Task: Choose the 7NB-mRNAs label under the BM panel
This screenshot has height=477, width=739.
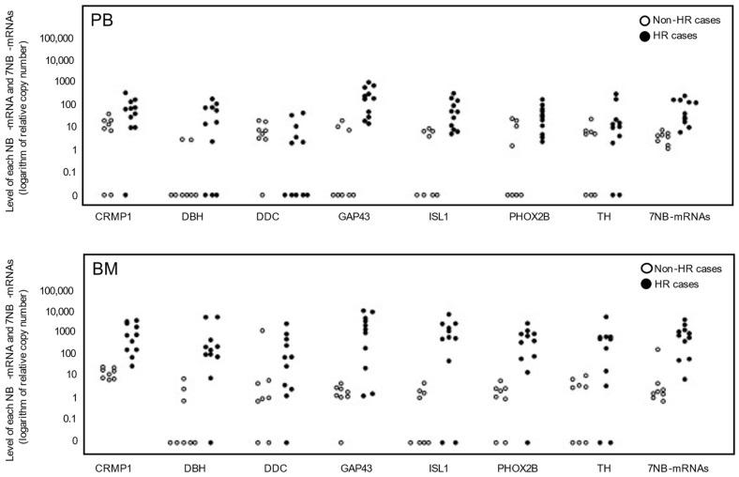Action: coord(677,467)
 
